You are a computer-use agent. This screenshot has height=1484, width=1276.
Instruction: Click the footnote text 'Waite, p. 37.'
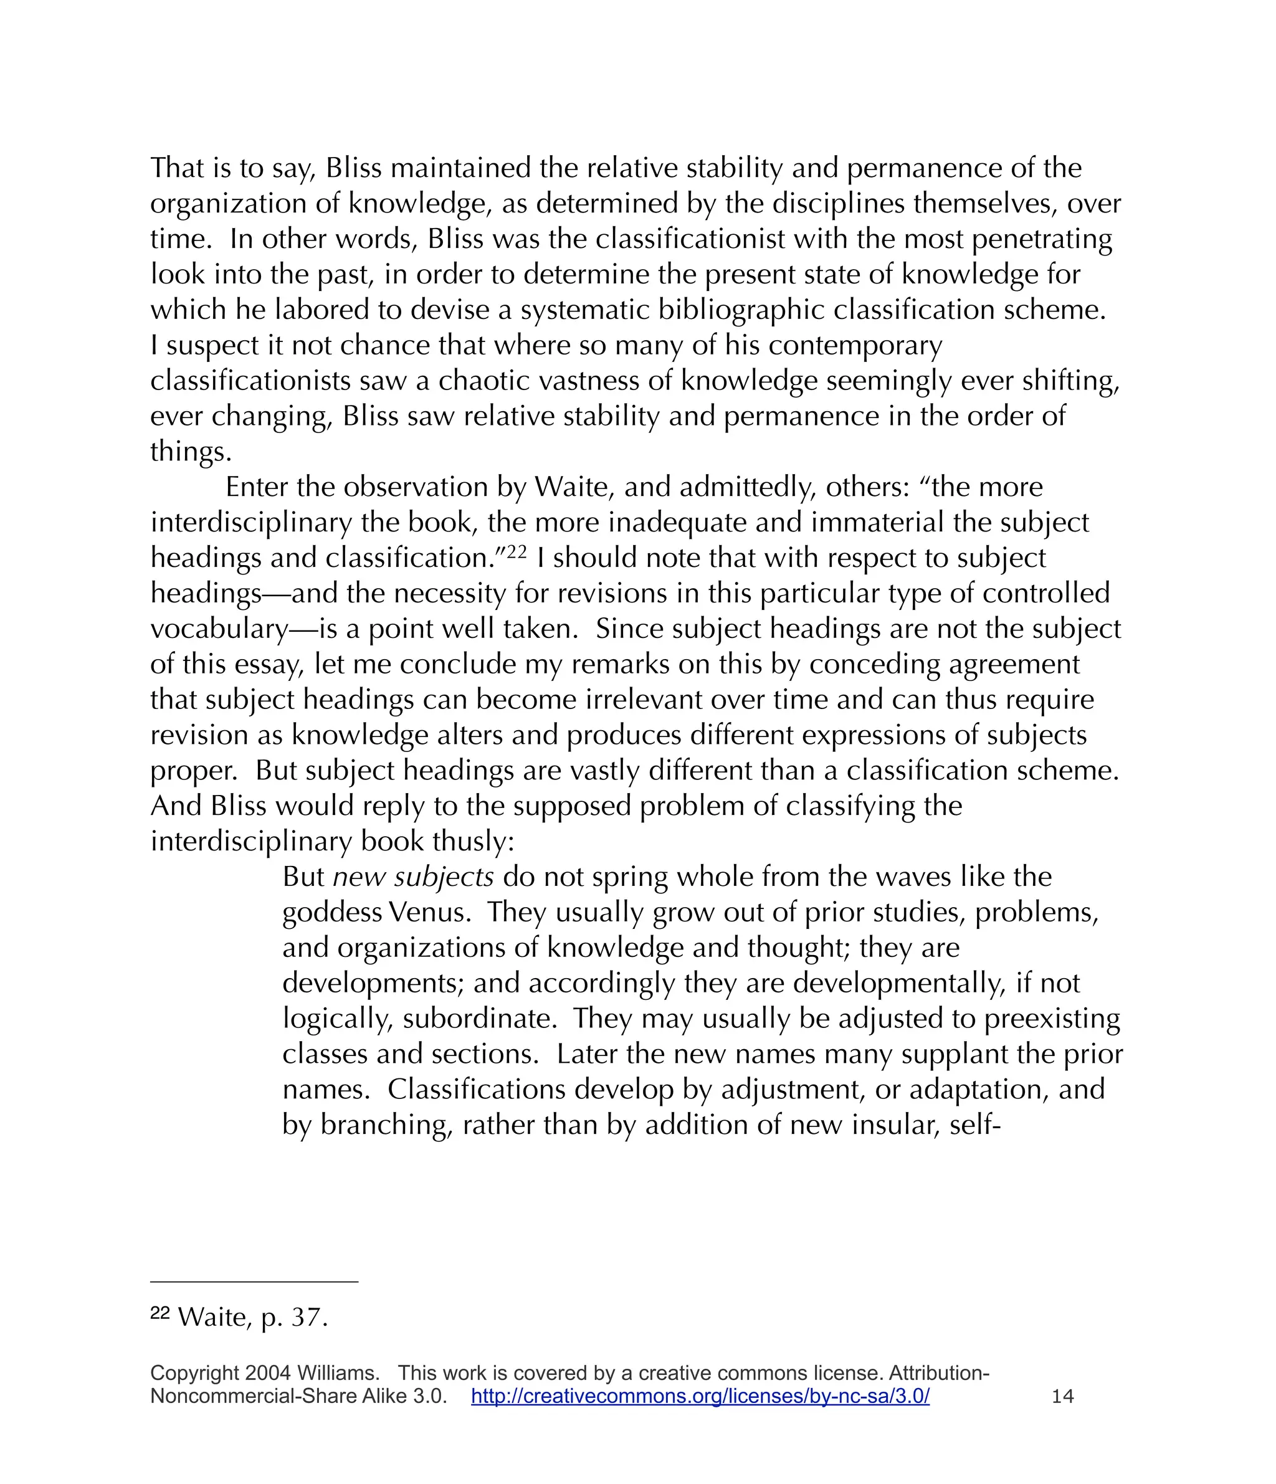tap(252, 1317)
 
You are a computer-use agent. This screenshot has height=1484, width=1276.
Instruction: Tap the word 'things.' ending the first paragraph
tap(191, 452)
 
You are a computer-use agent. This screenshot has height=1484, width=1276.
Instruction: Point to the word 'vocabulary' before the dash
tap(219, 629)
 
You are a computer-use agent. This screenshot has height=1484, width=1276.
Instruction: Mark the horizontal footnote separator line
tap(254, 1282)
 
